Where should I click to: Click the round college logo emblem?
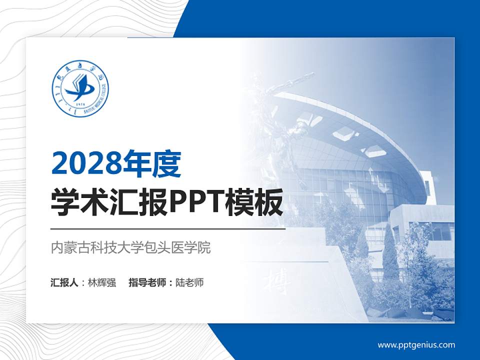[80, 90]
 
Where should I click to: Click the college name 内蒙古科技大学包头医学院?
[131, 248]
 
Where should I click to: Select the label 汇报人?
[64, 282]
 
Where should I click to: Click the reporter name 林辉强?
[102, 282]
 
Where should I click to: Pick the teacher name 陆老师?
[190, 282]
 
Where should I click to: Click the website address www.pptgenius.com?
[416, 344]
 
